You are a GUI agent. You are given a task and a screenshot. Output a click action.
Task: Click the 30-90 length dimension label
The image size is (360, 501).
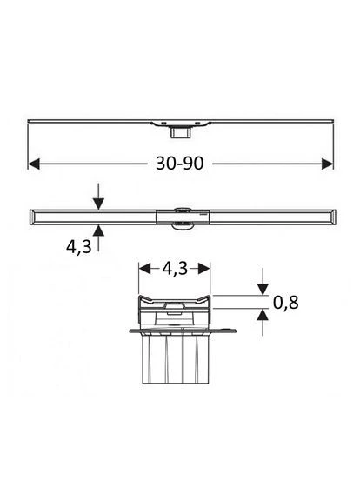click(x=179, y=164)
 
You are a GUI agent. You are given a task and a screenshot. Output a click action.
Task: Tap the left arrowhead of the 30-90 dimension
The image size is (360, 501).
click(x=34, y=164)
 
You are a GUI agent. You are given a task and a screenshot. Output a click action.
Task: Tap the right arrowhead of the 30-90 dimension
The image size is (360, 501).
click(x=328, y=164)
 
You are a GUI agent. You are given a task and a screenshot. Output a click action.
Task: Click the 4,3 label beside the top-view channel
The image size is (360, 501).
click(x=78, y=246)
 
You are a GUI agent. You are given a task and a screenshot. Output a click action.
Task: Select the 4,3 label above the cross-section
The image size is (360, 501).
click(x=175, y=269)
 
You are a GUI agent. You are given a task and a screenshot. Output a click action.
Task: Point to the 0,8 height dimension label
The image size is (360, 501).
click(x=285, y=303)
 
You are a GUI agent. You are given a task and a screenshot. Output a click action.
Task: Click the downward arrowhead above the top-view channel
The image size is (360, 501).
click(x=98, y=204)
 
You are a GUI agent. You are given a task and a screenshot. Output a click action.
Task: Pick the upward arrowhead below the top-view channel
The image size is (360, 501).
click(x=98, y=230)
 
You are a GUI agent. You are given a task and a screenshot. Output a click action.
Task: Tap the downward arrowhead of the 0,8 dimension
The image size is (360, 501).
click(x=263, y=290)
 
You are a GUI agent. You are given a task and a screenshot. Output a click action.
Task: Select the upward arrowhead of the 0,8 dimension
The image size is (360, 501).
click(x=263, y=315)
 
